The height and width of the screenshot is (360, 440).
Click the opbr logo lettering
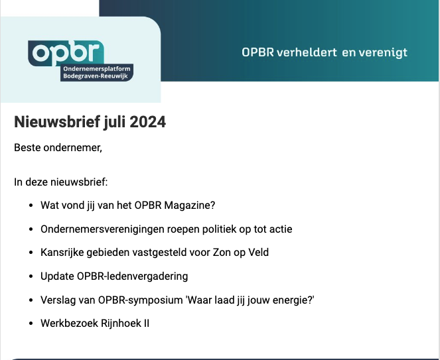66,52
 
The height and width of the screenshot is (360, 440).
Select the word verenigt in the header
382,52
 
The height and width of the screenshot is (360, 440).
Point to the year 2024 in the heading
147,122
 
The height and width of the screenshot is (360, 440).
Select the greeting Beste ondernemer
58,147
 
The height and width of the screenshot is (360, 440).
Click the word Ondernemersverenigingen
98,229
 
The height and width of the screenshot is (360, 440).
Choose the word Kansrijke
62,253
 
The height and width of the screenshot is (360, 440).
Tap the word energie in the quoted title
289,300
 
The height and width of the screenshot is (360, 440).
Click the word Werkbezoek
65,323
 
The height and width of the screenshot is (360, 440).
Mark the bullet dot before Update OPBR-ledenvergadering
32,276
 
